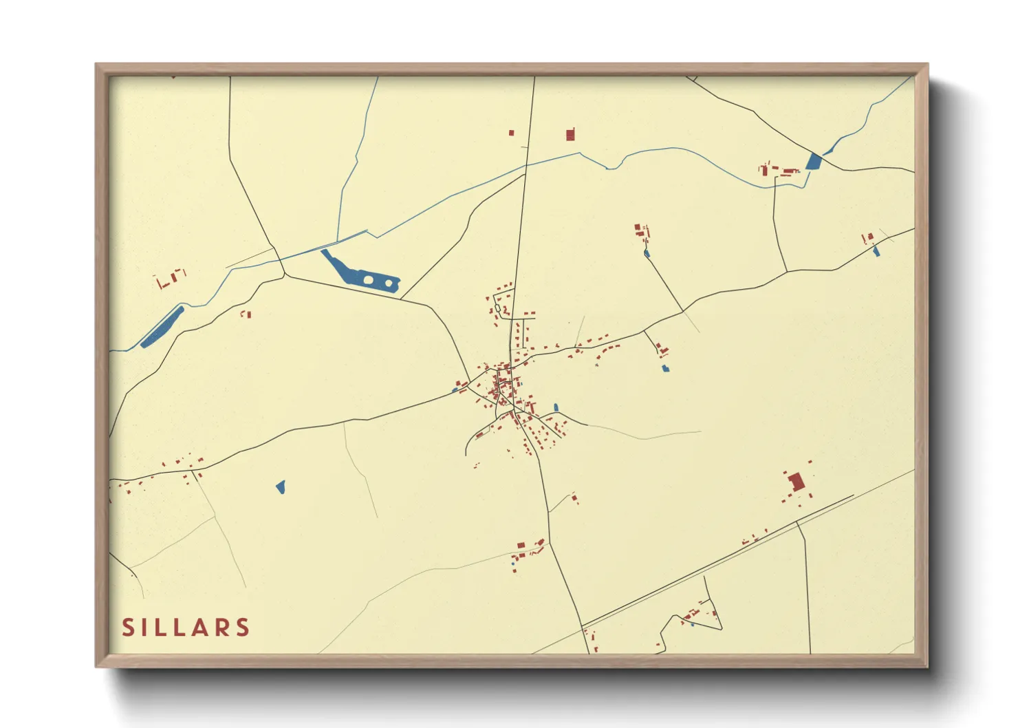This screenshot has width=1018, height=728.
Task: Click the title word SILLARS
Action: pos(186,628)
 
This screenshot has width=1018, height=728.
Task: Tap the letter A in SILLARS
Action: pos(200,628)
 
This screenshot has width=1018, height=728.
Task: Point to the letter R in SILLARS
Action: pos(221,628)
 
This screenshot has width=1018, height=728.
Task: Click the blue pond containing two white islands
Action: pos(358,275)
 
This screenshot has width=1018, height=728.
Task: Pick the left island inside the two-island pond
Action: pos(368,279)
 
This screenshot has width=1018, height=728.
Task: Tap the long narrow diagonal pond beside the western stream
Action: pos(162,326)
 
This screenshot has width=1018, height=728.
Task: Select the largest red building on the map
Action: pos(797,482)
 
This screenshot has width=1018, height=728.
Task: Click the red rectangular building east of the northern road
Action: pos(570,134)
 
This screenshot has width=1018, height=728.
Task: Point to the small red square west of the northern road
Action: pos(511,133)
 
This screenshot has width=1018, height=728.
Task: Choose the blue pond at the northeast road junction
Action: pos(814,162)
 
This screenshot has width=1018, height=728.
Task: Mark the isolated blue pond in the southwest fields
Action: pos(281,487)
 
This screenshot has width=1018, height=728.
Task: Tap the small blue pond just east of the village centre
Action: pos(556,407)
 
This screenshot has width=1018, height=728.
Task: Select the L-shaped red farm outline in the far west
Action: pos(165,281)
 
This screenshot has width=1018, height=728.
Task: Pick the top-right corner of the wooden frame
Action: pos(927,65)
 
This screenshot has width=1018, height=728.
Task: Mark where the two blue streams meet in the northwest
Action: pos(338,242)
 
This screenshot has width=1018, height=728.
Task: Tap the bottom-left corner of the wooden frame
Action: pos(97,665)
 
